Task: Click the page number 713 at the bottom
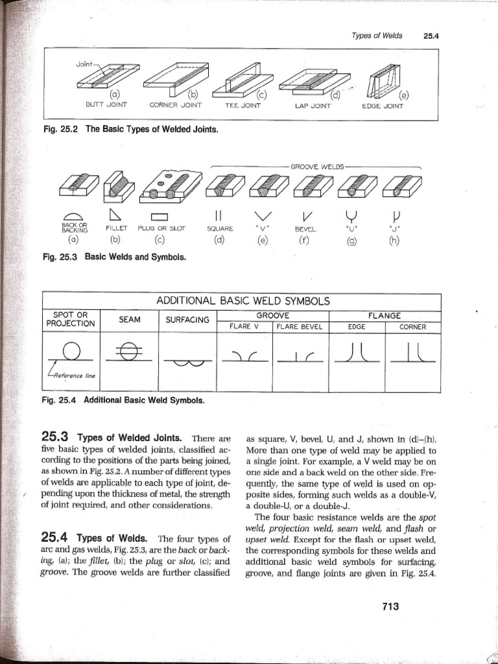[389, 606]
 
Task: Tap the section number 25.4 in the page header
[431, 36]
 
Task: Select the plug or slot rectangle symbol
[160, 217]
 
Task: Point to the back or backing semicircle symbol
[70, 217]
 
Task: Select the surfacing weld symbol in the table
[187, 364]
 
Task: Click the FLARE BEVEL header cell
[299, 327]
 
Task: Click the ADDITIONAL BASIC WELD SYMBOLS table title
[243, 301]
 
